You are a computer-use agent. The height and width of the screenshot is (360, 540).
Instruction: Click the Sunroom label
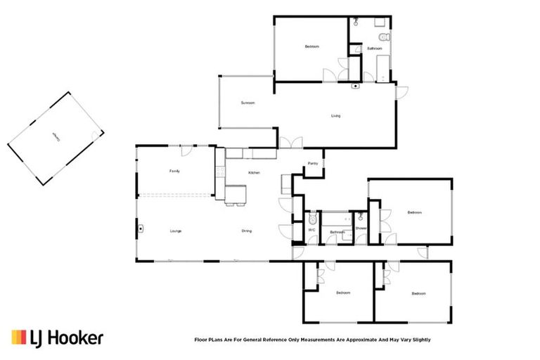(247, 103)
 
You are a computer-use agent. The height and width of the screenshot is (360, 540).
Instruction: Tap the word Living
(336, 116)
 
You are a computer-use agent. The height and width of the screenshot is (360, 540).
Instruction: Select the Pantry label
(313, 164)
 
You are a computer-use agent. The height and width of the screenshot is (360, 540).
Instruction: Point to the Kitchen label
(255, 173)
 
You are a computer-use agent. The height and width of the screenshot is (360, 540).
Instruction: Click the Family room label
(175, 172)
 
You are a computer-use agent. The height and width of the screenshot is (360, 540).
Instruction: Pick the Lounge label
(176, 231)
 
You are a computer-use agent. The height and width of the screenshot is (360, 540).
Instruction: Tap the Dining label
(247, 231)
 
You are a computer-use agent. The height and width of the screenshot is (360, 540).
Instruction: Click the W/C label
(311, 229)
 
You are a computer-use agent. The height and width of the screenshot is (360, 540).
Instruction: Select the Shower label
(361, 228)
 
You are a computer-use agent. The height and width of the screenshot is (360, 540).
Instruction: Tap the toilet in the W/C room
(313, 219)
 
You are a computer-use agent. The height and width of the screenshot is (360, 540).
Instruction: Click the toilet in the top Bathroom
(383, 37)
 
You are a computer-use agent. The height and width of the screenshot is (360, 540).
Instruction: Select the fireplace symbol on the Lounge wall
(141, 229)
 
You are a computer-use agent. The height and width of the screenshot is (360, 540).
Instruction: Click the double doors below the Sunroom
(290, 143)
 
